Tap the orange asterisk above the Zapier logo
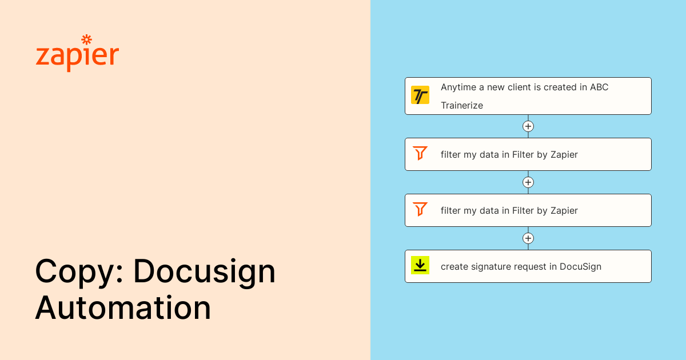[x=86, y=39]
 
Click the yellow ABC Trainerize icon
[x=420, y=95]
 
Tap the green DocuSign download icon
[x=420, y=266]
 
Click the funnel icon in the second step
[x=420, y=154]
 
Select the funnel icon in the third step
[x=420, y=210]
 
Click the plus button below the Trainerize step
[x=528, y=126]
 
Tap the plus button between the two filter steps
[x=528, y=182]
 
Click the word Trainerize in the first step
[x=462, y=106]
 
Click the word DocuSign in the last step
[x=580, y=267]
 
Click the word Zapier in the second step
[x=564, y=154]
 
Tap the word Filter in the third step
[x=523, y=210]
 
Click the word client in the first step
[x=521, y=87]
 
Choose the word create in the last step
[x=454, y=267]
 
